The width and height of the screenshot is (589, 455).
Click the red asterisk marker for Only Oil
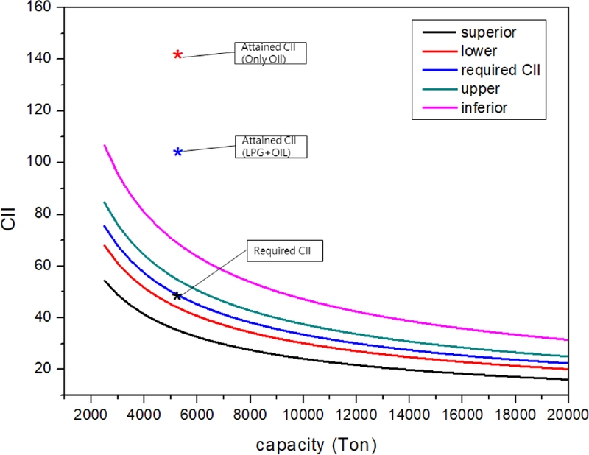tap(177, 55)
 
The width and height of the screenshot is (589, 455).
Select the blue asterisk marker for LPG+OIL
tap(177, 152)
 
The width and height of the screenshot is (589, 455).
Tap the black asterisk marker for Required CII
tap(177, 296)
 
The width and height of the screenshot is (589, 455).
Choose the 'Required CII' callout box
tap(283, 251)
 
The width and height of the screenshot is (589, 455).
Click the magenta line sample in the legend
tap(434, 108)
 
